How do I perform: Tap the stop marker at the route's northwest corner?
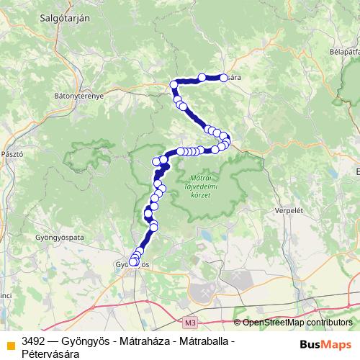tap(174, 85)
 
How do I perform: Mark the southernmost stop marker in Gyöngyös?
tap(133, 263)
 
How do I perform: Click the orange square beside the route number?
tap(9, 343)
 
